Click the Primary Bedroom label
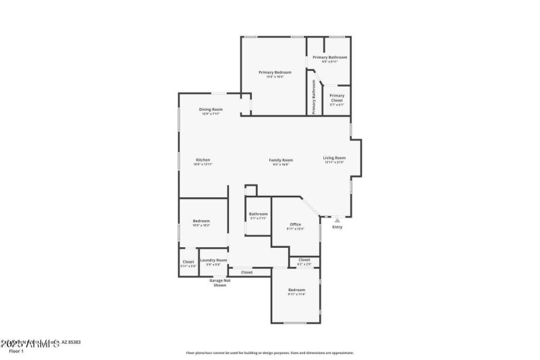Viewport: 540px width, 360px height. click(x=275, y=72)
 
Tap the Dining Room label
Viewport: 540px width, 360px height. click(x=211, y=109)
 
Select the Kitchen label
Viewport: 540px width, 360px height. click(x=203, y=160)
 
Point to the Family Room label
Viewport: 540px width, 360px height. click(x=281, y=160)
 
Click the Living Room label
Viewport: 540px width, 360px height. click(x=334, y=158)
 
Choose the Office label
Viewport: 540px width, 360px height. click(x=295, y=224)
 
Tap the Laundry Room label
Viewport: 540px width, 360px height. click(x=213, y=260)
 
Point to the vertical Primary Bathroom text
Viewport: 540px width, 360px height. click(x=314, y=97)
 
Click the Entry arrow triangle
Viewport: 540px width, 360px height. click(x=337, y=220)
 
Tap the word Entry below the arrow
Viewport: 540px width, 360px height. click(x=337, y=227)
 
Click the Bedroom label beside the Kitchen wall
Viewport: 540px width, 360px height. click(x=201, y=221)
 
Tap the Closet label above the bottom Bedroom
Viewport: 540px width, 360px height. click(x=304, y=259)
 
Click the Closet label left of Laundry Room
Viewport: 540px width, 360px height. click(x=188, y=261)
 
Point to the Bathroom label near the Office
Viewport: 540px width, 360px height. click(x=258, y=214)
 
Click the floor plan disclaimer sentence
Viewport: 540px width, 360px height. click(x=270, y=353)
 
